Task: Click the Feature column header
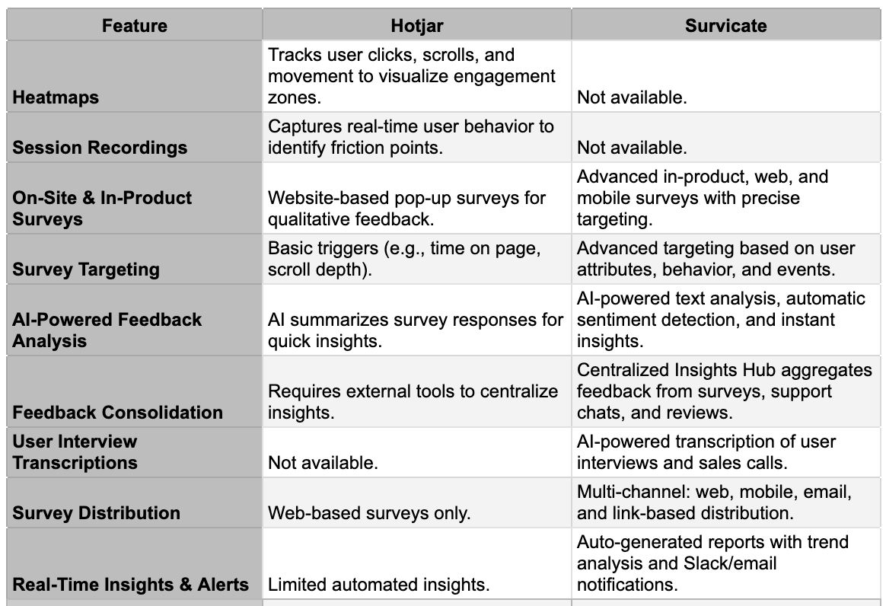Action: pos(134,25)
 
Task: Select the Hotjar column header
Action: pos(416,25)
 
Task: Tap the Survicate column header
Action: pos(725,25)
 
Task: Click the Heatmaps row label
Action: pos(56,97)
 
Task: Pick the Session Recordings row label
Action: pos(100,148)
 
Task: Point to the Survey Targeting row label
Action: pos(86,270)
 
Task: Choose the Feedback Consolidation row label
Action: pos(118,413)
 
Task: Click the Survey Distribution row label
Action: pos(97,513)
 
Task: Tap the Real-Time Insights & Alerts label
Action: pos(131,585)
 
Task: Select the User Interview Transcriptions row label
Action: pos(75,452)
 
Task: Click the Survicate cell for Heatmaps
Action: pos(632,97)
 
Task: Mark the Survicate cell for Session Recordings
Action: pos(632,148)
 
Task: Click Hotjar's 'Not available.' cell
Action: pos(323,463)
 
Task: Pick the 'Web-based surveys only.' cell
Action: pos(369,513)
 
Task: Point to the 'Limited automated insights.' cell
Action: pos(378,585)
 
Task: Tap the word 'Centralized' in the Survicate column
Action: pos(623,371)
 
